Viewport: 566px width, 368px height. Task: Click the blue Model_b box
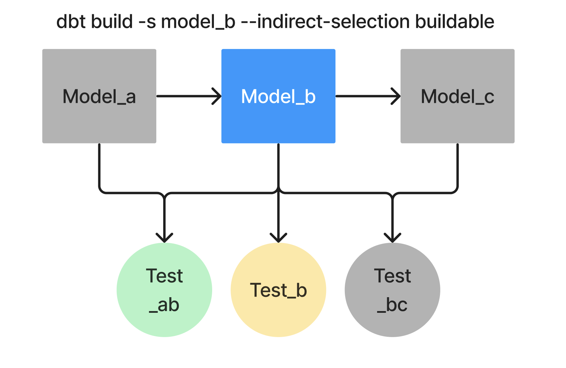(278, 96)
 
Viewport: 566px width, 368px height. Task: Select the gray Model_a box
(99, 96)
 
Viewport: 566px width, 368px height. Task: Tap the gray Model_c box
(457, 96)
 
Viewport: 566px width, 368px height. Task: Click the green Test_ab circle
(164, 290)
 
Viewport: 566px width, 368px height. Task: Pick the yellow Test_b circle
(278, 290)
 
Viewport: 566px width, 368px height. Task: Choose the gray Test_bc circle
(392, 290)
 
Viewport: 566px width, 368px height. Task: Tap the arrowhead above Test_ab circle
(164, 238)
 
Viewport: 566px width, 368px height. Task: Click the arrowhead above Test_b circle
(278, 238)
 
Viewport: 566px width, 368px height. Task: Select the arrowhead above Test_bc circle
(392, 238)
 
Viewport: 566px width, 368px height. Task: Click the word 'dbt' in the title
(71, 22)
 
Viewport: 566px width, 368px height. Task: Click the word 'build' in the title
(112, 22)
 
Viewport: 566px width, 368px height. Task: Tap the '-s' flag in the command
(147, 22)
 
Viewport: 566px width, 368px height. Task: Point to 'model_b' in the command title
(198, 22)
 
